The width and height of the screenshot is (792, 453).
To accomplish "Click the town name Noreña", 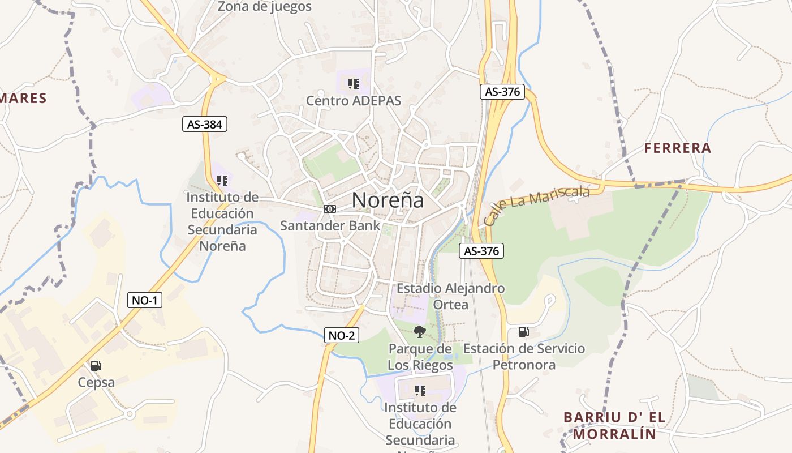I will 388,200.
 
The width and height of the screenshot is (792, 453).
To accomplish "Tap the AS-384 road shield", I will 204,125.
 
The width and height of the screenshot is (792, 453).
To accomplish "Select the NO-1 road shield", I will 144,300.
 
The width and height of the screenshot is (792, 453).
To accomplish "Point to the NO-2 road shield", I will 342,335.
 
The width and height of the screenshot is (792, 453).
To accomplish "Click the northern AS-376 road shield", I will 502,92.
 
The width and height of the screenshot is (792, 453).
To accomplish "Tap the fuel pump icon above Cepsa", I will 96,366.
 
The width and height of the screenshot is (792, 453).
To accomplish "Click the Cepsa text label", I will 96,382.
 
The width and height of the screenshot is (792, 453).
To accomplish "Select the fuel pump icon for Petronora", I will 524,332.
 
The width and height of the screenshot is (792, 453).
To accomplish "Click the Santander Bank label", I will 330,225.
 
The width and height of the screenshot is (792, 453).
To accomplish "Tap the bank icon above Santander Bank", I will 329,209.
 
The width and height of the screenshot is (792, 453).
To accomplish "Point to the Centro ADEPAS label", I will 354,101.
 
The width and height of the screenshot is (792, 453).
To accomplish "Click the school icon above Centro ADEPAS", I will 354,84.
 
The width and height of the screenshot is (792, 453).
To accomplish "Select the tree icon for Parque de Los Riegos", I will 419,332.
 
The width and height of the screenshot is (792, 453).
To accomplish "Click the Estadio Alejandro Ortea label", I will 450,296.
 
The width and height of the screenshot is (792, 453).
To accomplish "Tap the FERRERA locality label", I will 678,148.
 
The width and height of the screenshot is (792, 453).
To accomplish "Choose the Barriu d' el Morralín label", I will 614,426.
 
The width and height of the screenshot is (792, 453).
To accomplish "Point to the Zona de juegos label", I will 265,7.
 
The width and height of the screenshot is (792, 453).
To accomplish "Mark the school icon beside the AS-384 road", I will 222,181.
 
